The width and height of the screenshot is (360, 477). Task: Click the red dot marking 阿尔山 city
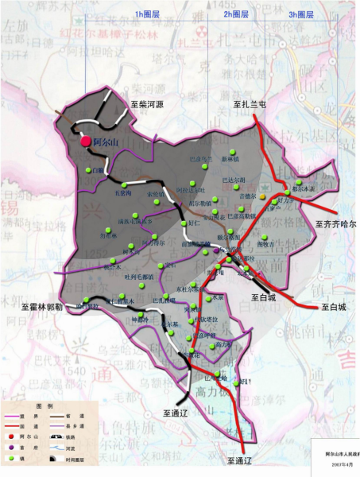pos(85,141)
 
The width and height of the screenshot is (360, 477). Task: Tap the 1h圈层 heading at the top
pos(148,14)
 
